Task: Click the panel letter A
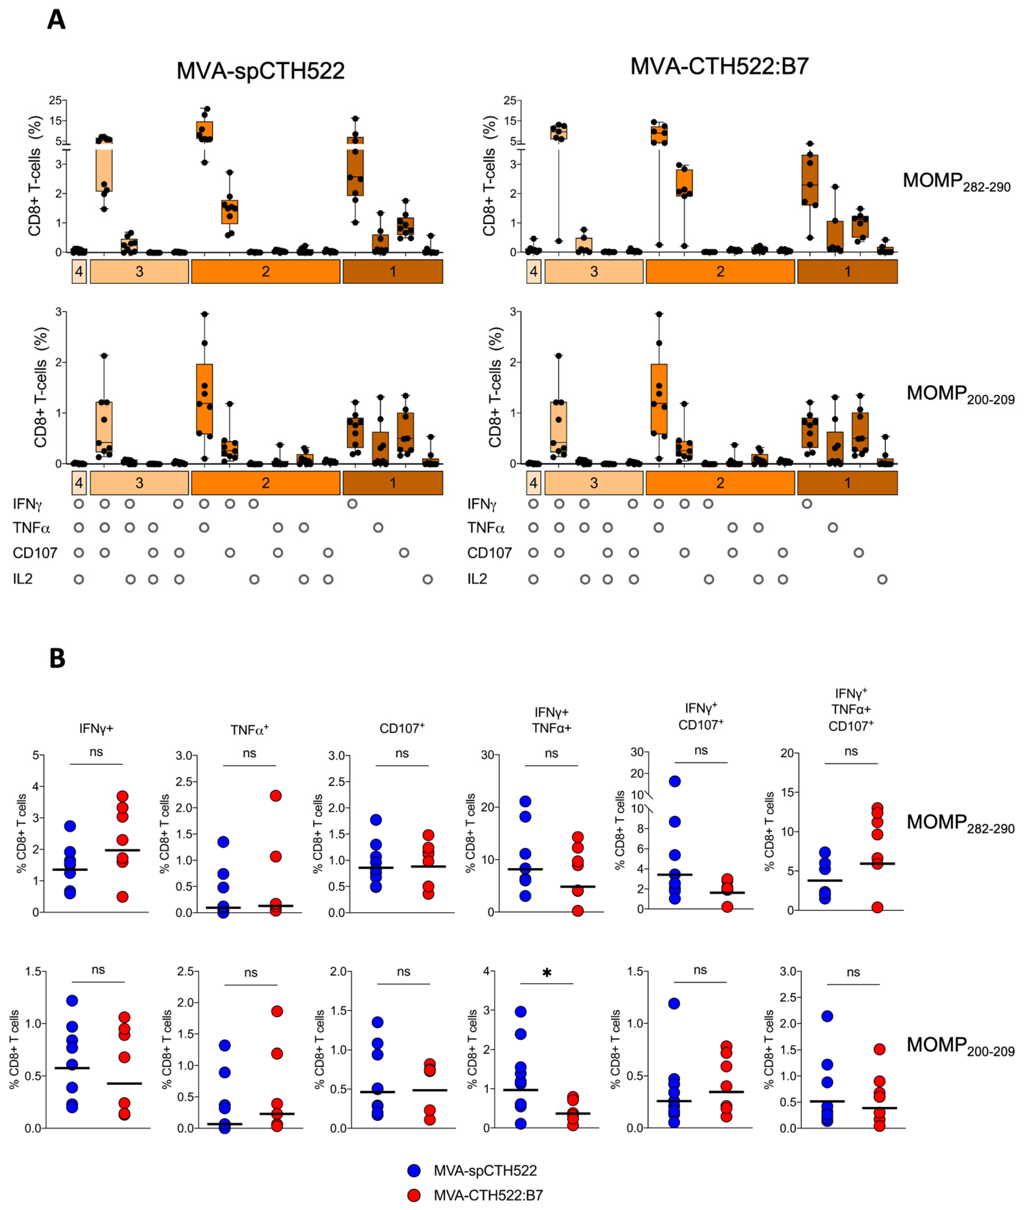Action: (x=56, y=20)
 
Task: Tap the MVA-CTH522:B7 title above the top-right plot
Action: (x=719, y=67)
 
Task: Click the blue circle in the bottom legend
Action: (x=414, y=1171)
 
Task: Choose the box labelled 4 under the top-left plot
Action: (x=79, y=272)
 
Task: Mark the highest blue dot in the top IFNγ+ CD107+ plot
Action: (x=675, y=781)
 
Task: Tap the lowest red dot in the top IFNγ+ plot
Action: (x=122, y=897)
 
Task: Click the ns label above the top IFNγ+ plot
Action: (x=96, y=752)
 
